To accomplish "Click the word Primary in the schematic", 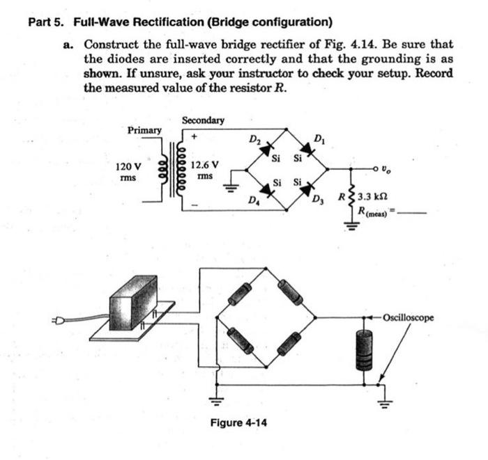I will [144, 130].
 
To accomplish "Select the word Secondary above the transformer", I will [203, 120].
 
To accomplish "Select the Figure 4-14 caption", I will [238, 422].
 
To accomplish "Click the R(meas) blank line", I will [411, 213].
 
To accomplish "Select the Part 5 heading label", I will [47, 21].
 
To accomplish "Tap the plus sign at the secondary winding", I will [195, 137].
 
